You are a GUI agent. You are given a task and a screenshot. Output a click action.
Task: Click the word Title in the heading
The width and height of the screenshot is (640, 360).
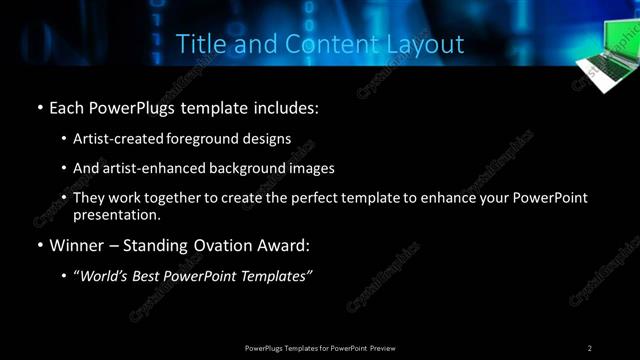pos(199,44)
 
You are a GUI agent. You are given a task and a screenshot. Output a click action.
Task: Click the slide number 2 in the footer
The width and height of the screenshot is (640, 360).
pos(590,347)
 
